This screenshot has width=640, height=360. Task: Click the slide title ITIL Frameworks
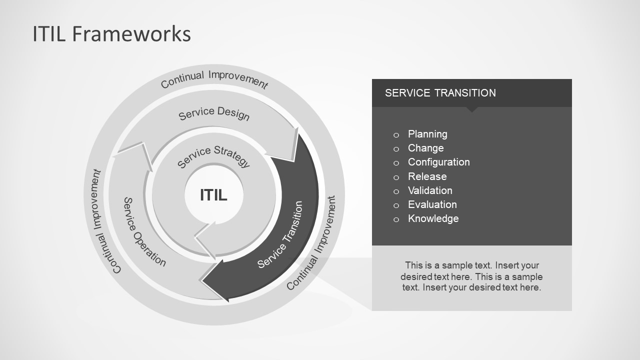tap(111, 34)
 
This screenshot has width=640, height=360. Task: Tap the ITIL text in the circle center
tap(213, 194)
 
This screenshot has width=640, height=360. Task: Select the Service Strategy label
tap(213, 156)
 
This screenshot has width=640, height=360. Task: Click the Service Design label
tap(214, 113)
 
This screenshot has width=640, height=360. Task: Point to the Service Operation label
tap(144, 232)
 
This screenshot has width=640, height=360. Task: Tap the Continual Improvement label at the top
tap(214, 79)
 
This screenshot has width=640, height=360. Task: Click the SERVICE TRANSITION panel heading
tap(440, 93)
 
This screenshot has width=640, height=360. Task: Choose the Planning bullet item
tap(427, 134)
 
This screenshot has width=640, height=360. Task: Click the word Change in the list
tap(425, 148)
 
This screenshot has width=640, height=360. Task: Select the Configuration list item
tap(438, 162)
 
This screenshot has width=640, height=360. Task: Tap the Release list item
tap(427, 176)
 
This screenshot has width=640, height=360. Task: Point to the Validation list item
tap(430, 190)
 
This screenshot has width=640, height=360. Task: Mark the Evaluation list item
tap(432, 204)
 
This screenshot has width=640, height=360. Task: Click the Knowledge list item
tap(433, 218)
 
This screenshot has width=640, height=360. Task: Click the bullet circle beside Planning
tap(396, 134)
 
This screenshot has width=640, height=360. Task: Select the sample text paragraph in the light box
tap(471, 276)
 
